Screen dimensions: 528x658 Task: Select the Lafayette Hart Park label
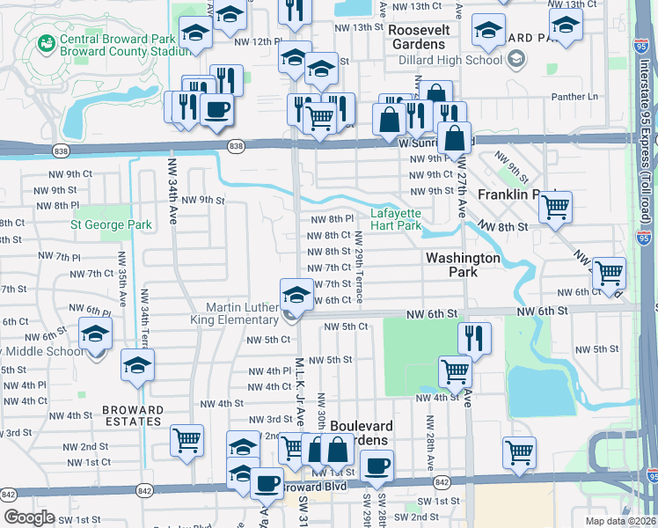[396, 219]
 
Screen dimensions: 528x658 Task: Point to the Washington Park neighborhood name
[464, 265]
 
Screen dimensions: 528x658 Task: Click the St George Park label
[112, 225]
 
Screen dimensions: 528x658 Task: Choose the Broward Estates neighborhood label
[133, 415]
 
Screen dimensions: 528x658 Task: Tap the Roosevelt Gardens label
[419, 36]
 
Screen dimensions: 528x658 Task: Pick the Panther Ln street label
[574, 96]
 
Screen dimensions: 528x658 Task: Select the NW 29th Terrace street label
[360, 263]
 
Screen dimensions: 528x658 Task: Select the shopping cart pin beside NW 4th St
[455, 370]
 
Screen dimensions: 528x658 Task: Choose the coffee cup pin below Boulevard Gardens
[377, 466]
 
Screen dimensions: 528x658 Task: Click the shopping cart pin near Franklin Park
[555, 208]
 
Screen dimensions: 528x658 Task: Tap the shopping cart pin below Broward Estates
[186, 440]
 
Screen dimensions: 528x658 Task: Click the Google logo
[28, 517]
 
